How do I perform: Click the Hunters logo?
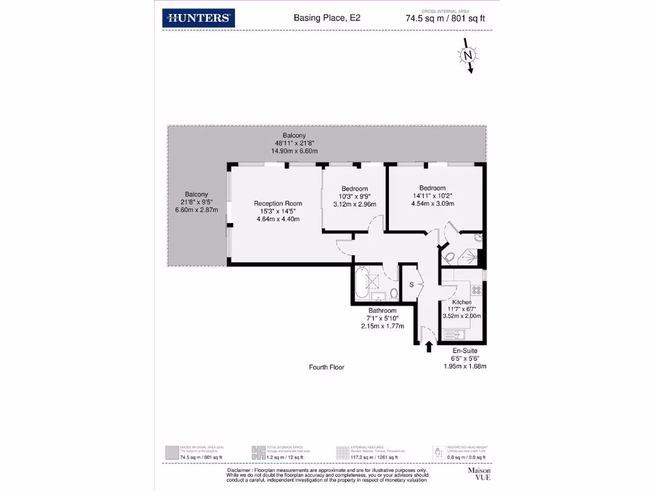pyautogui.click(x=199, y=18)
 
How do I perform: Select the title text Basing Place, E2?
pyautogui.click(x=326, y=19)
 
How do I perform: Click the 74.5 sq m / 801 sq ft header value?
pyautogui.click(x=445, y=19)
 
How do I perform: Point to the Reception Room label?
pyautogui.click(x=278, y=204)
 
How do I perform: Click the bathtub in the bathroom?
pyautogui.click(x=361, y=284)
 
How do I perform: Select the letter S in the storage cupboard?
pyautogui.click(x=412, y=284)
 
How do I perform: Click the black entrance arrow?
pyautogui.click(x=428, y=347)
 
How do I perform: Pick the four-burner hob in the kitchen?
pyautogui.click(x=475, y=289)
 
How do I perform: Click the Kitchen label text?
pyautogui.click(x=462, y=302)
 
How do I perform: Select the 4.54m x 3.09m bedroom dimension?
pyautogui.click(x=432, y=204)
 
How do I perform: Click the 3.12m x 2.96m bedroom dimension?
pyautogui.click(x=354, y=205)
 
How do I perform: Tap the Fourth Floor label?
pyautogui.click(x=326, y=367)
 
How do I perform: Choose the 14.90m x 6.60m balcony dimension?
pyautogui.click(x=294, y=151)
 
